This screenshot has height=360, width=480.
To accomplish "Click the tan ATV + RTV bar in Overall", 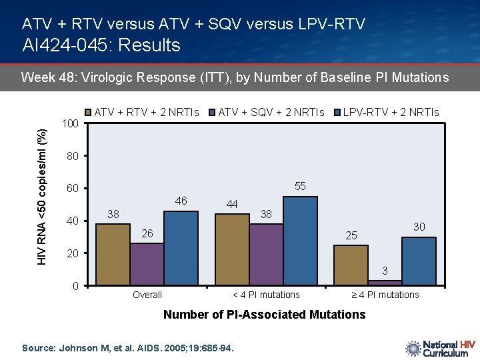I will [x=113, y=255].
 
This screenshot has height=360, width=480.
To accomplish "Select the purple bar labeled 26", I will [x=147, y=264].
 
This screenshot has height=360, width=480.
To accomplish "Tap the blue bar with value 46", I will [x=181, y=248].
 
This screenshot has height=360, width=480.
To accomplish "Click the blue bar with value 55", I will [x=300, y=241].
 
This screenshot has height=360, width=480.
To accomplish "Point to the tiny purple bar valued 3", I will [x=385, y=283].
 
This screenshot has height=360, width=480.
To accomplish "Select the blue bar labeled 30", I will [x=419, y=261].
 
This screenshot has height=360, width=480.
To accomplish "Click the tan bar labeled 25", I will [x=351, y=265].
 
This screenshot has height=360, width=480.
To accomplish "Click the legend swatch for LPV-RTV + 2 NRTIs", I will [x=337, y=113].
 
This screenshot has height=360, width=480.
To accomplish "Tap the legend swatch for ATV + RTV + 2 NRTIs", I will [x=89, y=113].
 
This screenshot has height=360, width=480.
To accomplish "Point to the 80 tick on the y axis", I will [x=73, y=156].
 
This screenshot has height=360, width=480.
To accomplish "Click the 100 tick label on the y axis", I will [x=70, y=124].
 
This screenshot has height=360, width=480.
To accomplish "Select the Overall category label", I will [x=147, y=295].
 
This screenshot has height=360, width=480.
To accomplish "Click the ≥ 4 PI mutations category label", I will [x=385, y=295].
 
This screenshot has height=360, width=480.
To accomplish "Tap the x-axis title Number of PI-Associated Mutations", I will [x=264, y=314].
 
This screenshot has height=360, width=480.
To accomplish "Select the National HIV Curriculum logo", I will [x=440, y=349].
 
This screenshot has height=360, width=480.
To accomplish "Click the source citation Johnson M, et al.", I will [x=128, y=347].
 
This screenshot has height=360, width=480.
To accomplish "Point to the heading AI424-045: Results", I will [x=101, y=45].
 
